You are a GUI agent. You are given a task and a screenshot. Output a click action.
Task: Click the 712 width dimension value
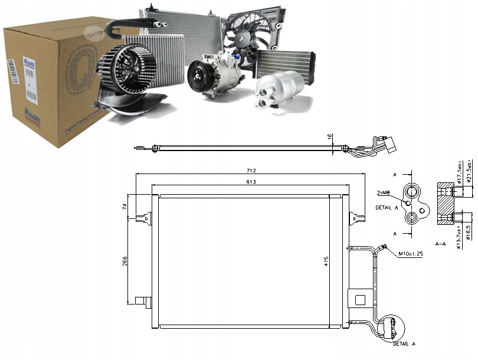pyautogui.click(x=252, y=171)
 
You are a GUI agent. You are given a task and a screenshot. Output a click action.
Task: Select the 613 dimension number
pyautogui.click(x=251, y=182)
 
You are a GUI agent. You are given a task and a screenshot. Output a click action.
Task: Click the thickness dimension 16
pyautogui.click(x=330, y=137)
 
